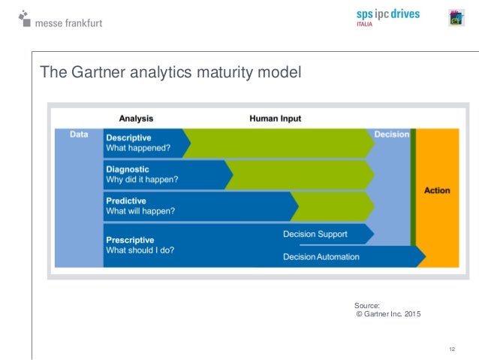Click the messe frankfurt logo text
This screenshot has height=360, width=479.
[68, 23]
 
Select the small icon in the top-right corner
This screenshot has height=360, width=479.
[456, 18]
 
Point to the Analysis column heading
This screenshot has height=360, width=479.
[136, 118]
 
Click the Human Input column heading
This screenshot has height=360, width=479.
[275, 118]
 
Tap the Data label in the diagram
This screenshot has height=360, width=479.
[79, 135]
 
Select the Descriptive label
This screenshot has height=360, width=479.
[128, 138]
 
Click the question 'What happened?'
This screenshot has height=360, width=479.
[138, 148]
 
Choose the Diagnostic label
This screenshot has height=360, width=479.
[128, 169]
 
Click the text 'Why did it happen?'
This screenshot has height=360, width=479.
[142, 180]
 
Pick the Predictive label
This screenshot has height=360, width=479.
[126, 201]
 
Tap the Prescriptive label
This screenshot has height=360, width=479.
[129, 239]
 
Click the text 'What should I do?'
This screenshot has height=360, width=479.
[140, 250]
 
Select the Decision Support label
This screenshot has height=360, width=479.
[315, 234]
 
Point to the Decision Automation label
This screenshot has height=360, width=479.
[321, 257]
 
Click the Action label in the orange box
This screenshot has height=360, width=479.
[437, 190]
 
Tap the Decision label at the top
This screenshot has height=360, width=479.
[392, 135]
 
